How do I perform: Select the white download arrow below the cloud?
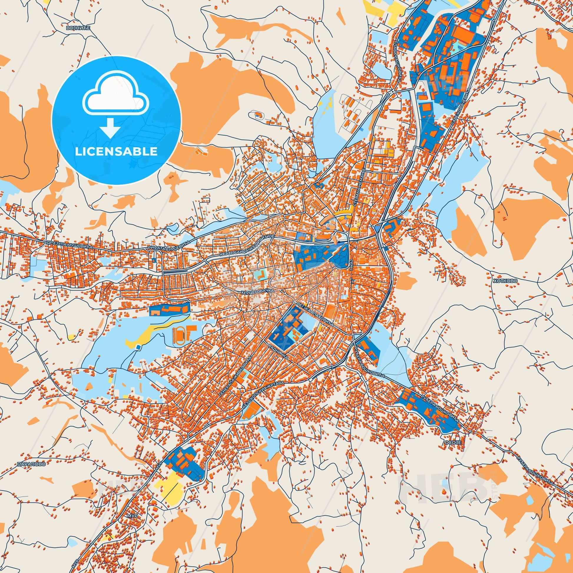tap(110, 127)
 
